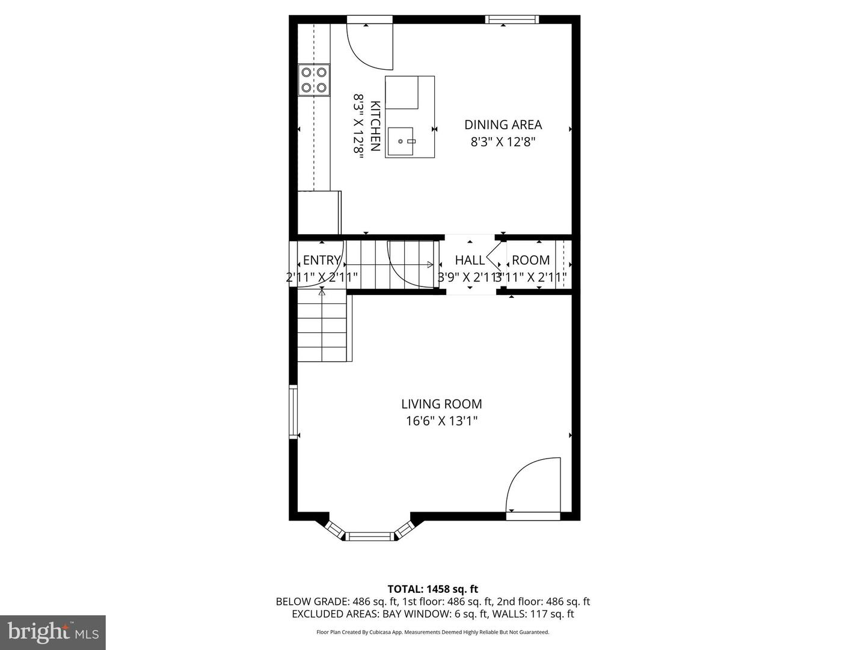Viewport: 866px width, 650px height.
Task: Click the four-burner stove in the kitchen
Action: pyautogui.click(x=315, y=80)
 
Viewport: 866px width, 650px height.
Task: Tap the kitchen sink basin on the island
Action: pyautogui.click(x=401, y=141)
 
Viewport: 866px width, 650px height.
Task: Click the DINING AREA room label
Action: pyautogui.click(x=503, y=125)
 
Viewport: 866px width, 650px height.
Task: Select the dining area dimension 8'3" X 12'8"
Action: pyautogui.click(x=503, y=142)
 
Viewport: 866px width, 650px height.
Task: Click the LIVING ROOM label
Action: pyautogui.click(x=441, y=404)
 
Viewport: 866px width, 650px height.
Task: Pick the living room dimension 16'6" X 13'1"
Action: pyautogui.click(x=441, y=421)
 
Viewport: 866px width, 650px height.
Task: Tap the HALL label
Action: pyautogui.click(x=470, y=260)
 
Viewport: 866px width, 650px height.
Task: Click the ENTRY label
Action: pyautogui.click(x=321, y=260)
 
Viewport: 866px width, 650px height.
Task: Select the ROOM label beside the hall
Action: pyautogui.click(x=530, y=260)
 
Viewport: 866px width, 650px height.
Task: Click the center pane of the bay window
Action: pyautogui.click(x=370, y=536)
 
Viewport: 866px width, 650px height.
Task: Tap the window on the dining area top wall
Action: pyautogui.click(x=512, y=20)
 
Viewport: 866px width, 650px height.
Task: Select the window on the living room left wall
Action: pyautogui.click(x=293, y=412)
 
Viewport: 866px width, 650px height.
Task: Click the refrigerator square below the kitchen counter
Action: pyautogui.click(x=319, y=212)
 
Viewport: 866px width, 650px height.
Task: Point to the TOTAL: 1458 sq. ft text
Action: pyautogui.click(x=432, y=589)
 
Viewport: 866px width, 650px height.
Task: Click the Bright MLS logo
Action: pyautogui.click(x=53, y=632)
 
